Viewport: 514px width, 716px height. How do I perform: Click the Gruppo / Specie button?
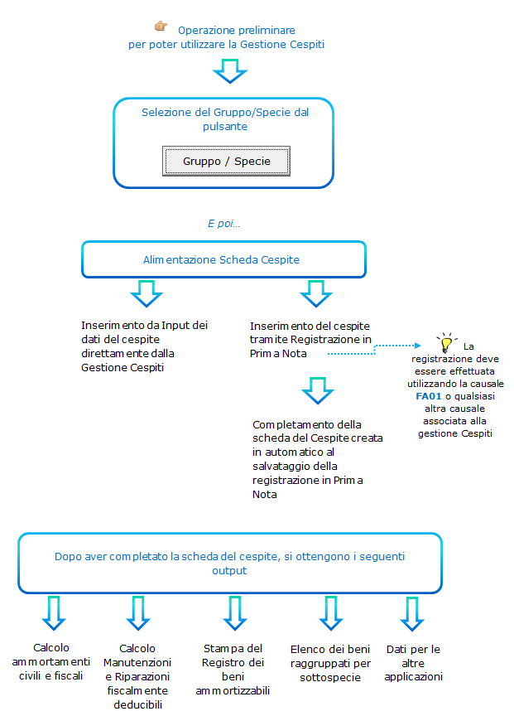[226, 162]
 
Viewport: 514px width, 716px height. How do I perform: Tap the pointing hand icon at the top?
[161, 26]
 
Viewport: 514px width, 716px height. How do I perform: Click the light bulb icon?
[446, 342]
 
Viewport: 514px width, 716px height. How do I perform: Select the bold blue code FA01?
[429, 396]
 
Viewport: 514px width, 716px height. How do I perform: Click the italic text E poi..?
[223, 223]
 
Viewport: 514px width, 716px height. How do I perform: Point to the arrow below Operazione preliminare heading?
[230, 70]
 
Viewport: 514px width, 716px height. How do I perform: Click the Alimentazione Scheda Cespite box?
[224, 259]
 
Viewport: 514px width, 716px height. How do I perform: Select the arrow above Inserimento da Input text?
[147, 293]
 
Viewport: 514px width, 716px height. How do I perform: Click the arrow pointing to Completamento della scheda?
[318, 390]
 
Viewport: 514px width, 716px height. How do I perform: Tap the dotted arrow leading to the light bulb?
[374, 350]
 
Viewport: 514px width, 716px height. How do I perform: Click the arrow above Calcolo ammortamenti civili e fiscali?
[54, 613]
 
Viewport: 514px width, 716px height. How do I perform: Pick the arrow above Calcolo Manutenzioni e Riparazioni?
[138, 613]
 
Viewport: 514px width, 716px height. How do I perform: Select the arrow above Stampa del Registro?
[235, 613]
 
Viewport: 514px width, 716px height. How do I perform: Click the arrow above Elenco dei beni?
[330, 613]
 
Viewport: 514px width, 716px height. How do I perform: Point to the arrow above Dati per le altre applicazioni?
[412, 614]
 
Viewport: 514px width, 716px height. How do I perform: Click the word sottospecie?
[330, 677]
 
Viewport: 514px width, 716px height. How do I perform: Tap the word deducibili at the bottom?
[137, 704]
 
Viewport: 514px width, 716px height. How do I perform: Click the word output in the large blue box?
[229, 571]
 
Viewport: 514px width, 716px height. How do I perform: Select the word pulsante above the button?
[225, 127]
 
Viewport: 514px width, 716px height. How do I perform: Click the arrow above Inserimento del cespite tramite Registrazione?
[316, 293]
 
